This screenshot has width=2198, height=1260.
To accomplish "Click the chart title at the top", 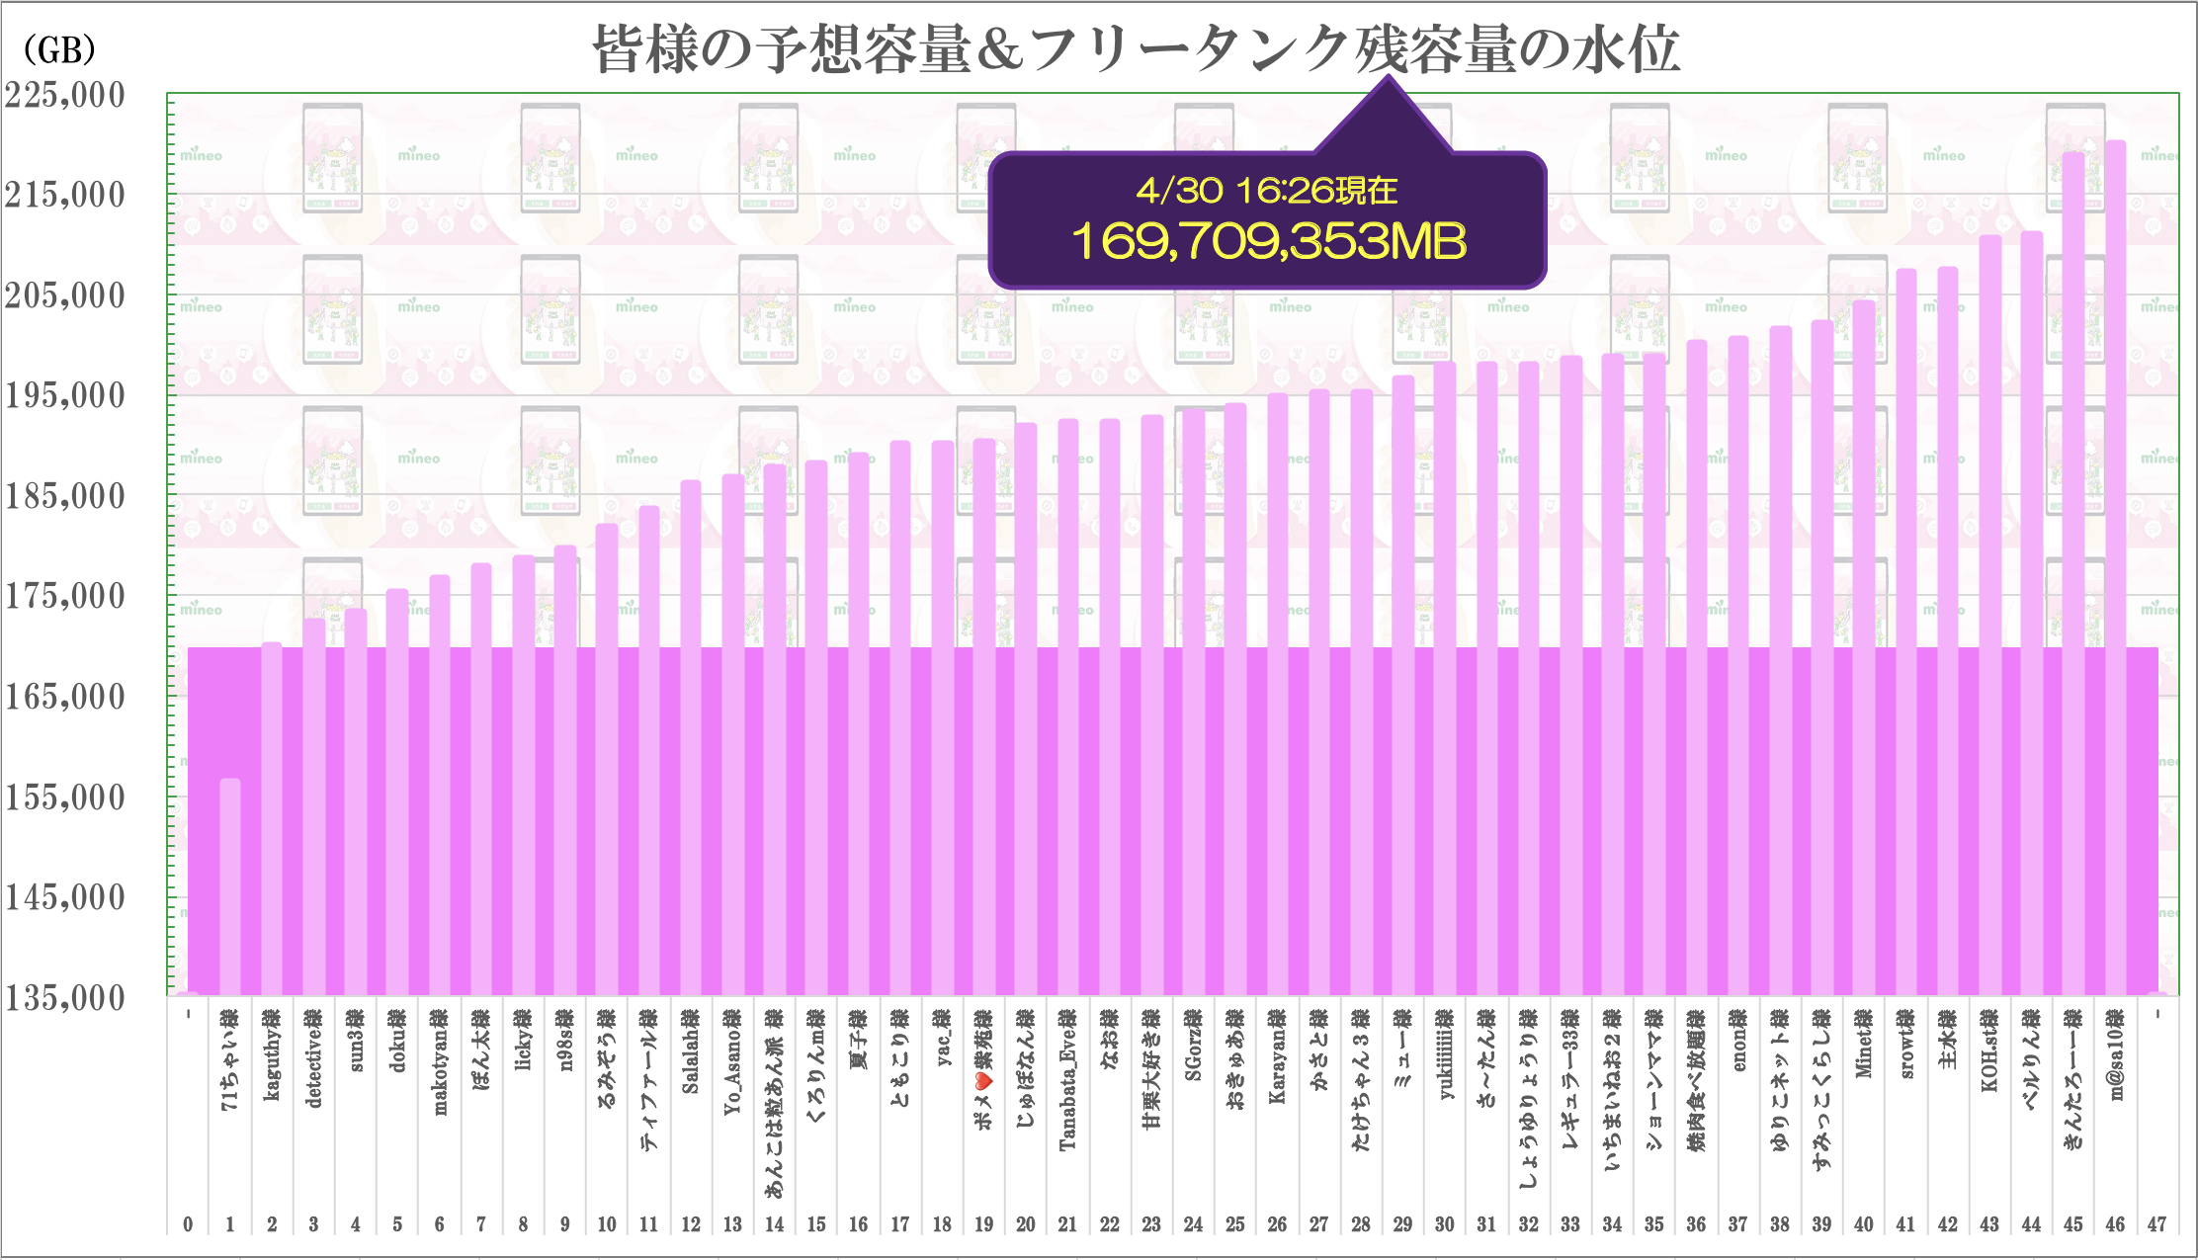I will [x=1137, y=49].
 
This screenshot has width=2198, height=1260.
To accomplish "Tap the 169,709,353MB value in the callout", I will [x=1269, y=241].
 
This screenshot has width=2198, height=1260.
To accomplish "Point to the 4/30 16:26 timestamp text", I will [x=1267, y=190].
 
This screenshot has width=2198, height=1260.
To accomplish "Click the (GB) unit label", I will [x=59, y=49].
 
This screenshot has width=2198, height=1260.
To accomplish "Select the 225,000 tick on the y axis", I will [x=65, y=95].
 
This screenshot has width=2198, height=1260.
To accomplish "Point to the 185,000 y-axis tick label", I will [x=65, y=496].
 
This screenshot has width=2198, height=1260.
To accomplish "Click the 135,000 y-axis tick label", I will [x=65, y=998].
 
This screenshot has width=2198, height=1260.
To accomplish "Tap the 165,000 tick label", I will [x=65, y=697].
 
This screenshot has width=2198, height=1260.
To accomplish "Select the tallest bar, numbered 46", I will [x=2115, y=395].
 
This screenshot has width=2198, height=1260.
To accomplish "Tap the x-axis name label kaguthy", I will [x=272, y=1055].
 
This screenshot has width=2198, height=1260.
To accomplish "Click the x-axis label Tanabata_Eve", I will [x=1067, y=1080].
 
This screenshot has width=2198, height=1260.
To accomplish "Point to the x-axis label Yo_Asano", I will [x=732, y=1062].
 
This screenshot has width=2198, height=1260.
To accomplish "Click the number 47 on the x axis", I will [x=2156, y=1224].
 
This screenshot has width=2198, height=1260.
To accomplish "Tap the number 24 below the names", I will [x=1193, y=1224].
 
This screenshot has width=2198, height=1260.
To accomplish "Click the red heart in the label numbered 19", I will [x=984, y=1083].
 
